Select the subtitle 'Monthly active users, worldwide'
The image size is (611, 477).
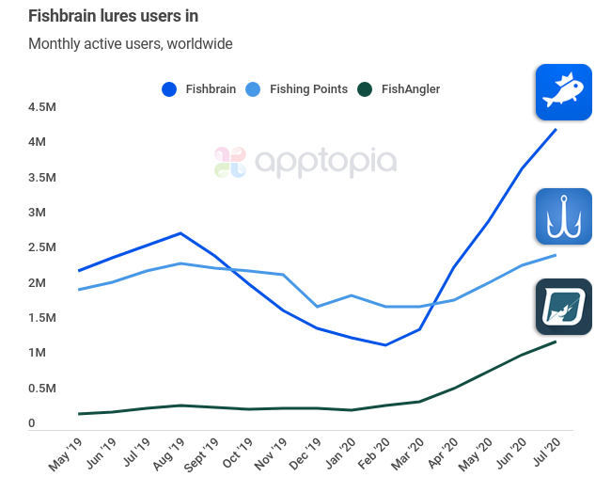click(x=131, y=43)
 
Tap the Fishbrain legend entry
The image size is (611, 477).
click(x=197, y=89)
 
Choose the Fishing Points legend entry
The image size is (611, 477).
click(x=296, y=89)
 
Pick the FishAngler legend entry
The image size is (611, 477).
click(x=399, y=89)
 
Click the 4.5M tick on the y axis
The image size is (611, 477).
click(x=43, y=106)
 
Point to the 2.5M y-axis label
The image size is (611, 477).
click(x=43, y=247)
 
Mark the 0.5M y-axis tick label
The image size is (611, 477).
click(x=43, y=388)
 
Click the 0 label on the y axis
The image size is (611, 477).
click(x=32, y=423)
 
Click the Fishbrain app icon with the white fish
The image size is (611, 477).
click(x=563, y=92)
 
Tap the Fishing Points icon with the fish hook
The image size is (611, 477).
click(x=563, y=216)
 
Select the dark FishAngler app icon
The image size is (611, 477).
click(x=563, y=307)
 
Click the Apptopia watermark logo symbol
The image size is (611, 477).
click(x=229, y=162)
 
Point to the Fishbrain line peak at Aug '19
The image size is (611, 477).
click(x=180, y=233)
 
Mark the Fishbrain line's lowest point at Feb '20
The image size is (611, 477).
click(x=385, y=344)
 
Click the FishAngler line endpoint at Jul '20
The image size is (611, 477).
click(x=556, y=342)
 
